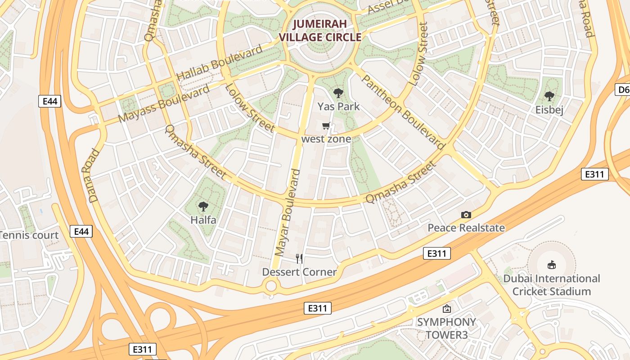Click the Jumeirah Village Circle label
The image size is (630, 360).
pos(320,31)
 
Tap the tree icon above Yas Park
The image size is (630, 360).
pos(338,93)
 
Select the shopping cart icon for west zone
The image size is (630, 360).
pos(326,126)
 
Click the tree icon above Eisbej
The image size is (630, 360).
pos(549,96)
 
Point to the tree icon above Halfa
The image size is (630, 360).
pos(203,207)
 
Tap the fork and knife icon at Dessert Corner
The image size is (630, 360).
pos(299,258)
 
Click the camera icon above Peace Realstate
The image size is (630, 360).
pos(466,215)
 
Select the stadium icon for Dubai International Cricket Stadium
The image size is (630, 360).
pos(551,265)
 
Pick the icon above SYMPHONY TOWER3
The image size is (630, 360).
pos(446,309)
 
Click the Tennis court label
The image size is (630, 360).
pos(29,235)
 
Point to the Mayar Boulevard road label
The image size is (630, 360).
pos(287,212)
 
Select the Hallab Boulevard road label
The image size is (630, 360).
pos(219,63)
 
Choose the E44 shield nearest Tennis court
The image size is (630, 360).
pos(81,232)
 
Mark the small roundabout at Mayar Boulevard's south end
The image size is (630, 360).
pos(271,286)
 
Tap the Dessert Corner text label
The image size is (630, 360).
pos(299,272)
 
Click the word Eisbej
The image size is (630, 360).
pos(549,110)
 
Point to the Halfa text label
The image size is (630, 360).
pos(203,220)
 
